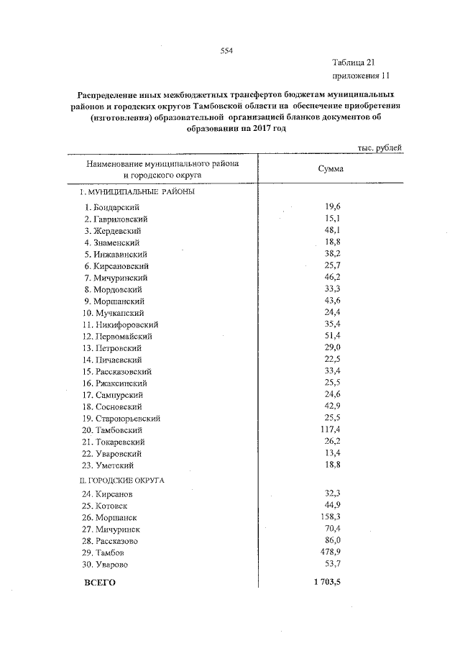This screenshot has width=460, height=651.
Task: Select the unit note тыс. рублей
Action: [379, 147]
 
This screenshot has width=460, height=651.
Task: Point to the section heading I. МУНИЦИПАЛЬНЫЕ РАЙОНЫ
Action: [137, 192]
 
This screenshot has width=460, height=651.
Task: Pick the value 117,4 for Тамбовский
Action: [329, 429]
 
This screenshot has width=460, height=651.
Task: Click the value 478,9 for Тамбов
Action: [329, 552]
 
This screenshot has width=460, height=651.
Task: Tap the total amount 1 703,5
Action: [327, 581]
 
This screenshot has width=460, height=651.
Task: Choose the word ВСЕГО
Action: [100, 582]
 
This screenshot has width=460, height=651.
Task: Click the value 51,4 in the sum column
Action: [331, 336]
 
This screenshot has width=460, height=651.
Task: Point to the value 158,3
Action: [329, 516]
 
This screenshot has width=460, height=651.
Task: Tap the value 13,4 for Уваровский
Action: [331, 453]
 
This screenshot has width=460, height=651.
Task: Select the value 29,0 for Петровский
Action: [331, 347]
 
